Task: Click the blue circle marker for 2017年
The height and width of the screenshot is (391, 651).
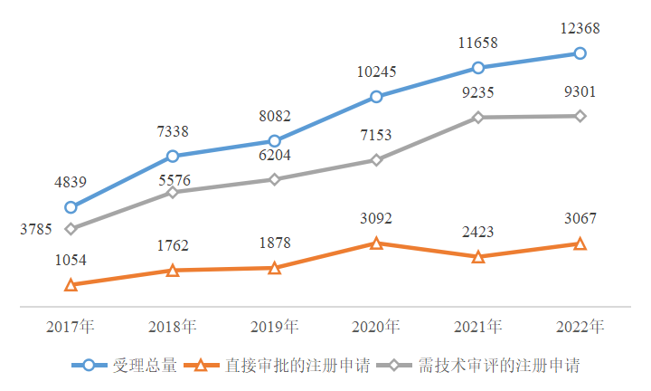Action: coord(71,207)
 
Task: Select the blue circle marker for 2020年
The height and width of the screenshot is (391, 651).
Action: coord(376,97)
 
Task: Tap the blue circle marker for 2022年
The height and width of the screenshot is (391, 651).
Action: coord(580,53)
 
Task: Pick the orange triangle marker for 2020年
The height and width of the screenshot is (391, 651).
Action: coord(376,243)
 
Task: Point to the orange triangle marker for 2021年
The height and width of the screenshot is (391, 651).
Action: coord(478,257)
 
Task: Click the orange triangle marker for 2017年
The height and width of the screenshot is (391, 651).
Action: coord(71,285)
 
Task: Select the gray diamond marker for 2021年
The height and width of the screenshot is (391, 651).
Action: coord(478,117)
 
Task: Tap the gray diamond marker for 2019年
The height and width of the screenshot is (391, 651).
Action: coord(274,179)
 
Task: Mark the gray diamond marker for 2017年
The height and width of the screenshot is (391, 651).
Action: coord(71,229)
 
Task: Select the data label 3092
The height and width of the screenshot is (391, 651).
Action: coord(376,218)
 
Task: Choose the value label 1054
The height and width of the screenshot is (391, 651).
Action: coord(70,261)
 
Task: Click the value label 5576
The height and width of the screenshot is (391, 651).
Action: coord(172,180)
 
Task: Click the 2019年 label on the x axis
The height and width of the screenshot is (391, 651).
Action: coord(274,326)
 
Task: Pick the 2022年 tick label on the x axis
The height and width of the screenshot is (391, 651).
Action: coord(580,326)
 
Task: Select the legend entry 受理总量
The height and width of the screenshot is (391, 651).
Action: coord(136,366)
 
